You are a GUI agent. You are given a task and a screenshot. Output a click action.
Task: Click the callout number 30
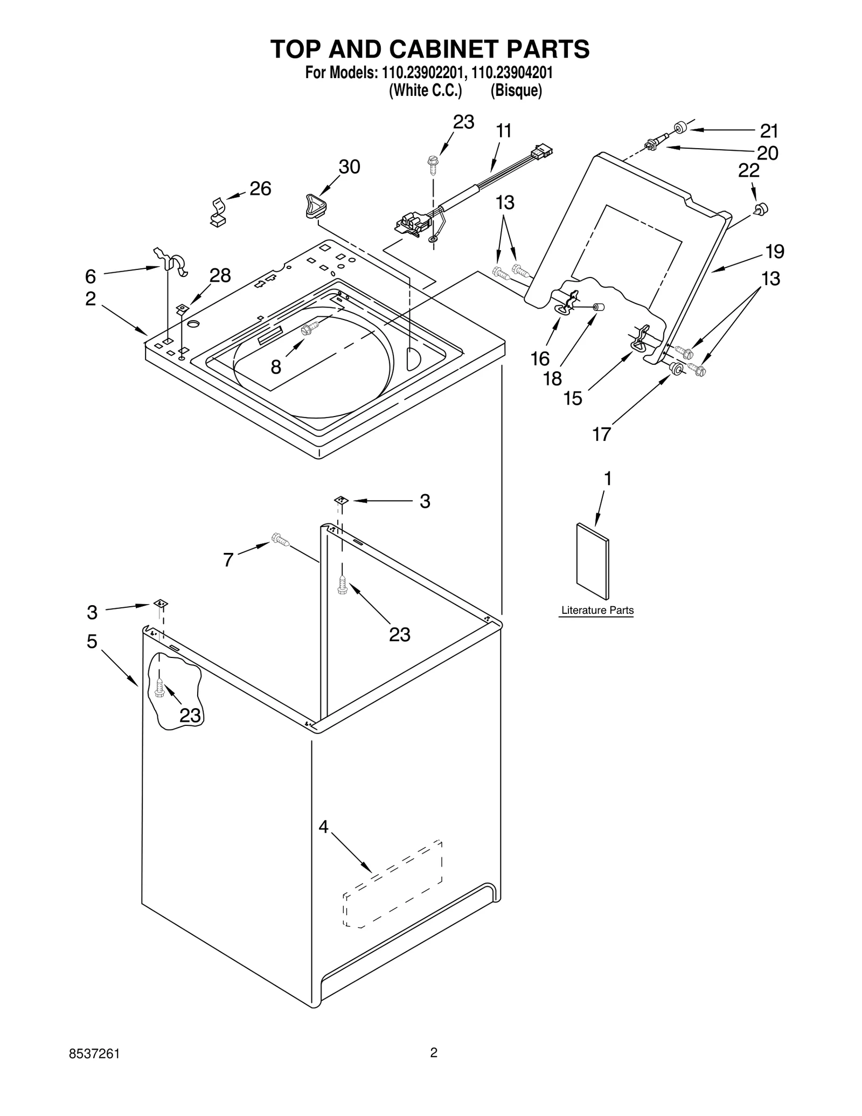tap(349, 167)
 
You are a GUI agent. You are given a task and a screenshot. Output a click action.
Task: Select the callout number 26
tap(260, 189)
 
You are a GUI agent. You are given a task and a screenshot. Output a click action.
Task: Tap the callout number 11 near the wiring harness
tap(504, 131)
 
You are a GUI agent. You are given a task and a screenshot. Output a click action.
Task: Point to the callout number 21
tap(769, 131)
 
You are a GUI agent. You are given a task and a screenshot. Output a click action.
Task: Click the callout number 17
tap(601, 434)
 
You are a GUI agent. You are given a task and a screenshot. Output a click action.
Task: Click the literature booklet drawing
tap(593, 561)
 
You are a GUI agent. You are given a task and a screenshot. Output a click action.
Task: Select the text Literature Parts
tap(597, 611)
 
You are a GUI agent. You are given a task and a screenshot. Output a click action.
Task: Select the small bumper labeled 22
tap(761, 209)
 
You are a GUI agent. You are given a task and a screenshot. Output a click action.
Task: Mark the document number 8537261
tap(94, 1065)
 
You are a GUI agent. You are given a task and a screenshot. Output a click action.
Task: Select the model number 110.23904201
tap(512, 73)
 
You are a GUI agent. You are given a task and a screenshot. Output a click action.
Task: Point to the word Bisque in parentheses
tap(516, 91)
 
